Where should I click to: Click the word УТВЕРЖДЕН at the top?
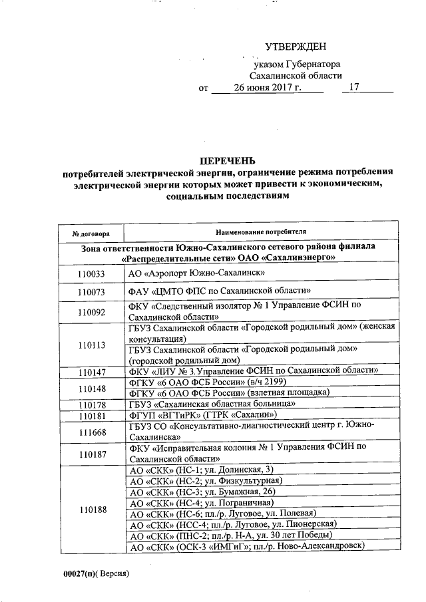(296, 47)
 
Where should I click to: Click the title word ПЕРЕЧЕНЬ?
(227, 160)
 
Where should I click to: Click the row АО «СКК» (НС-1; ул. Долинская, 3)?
(200, 470)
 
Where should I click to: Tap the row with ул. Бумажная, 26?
(202, 492)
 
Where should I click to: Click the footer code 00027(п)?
(81, 573)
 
